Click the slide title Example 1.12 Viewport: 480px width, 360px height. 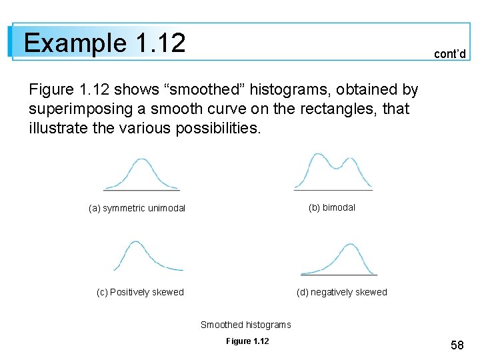pos(104,43)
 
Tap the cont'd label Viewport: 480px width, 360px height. pos(449,54)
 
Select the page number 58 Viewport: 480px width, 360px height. pos(457,345)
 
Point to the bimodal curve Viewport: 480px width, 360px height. pos(333,171)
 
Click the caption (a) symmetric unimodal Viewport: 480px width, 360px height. pos(137,209)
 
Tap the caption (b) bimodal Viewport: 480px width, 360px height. pos(331,207)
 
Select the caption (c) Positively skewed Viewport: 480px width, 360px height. pos(140,292)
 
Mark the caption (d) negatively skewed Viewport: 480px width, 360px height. pos(341,292)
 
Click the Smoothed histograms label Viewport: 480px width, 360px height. pos(245,325)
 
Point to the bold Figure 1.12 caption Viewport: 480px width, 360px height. pos(247,341)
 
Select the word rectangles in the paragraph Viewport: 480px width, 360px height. pos(353,109)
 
